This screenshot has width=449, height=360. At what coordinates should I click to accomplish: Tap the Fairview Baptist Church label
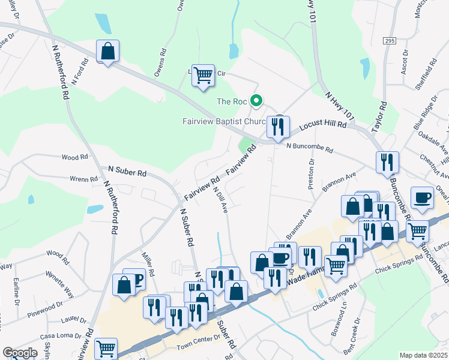(224, 121)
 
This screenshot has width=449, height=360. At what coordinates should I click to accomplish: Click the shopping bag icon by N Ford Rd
(108, 52)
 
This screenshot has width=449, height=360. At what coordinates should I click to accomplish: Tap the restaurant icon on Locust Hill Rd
(277, 127)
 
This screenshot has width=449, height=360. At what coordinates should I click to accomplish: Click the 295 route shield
(389, 40)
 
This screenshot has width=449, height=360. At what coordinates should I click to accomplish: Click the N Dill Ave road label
(220, 200)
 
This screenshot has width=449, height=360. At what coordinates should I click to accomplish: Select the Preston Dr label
(312, 175)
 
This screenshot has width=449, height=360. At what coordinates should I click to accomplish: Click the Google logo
(20, 353)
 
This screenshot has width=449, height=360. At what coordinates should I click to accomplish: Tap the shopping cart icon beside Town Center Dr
(106, 349)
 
